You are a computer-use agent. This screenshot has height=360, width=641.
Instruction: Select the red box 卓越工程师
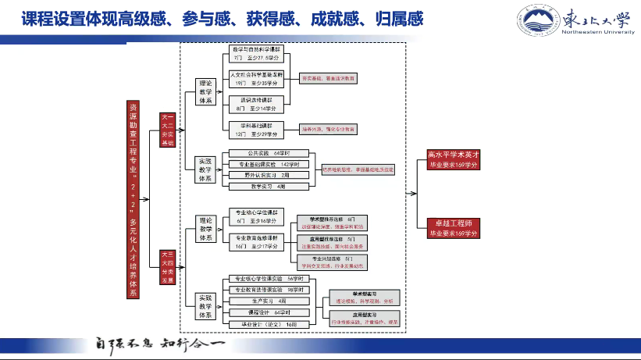(x=458, y=228)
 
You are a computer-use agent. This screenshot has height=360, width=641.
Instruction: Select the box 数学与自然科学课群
(x=257, y=53)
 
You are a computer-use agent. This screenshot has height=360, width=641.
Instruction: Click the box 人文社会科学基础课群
(x=257, y=78)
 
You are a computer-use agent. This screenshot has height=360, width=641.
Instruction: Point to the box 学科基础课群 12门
(x=257, y=129)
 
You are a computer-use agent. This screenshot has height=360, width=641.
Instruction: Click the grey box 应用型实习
(x=359, y=317)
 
